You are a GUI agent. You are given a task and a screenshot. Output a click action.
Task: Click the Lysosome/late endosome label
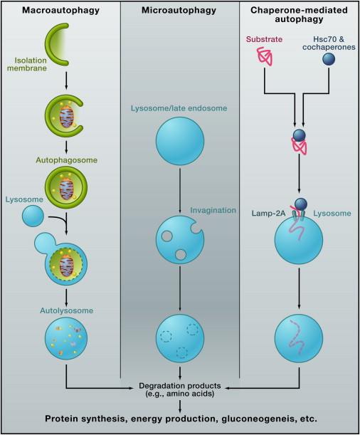coord(179,108)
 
